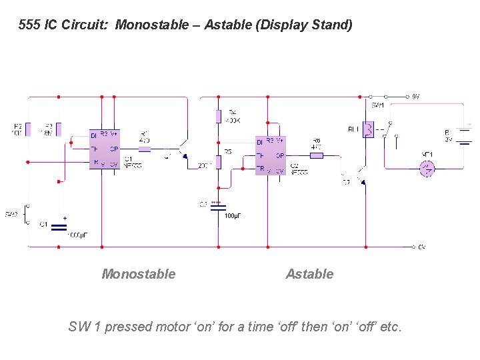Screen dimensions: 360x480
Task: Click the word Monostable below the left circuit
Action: click(x=138, y=274)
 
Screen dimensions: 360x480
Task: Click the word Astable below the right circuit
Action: click(x=309, y=274)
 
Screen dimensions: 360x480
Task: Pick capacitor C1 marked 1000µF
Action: click(x=59, y=228)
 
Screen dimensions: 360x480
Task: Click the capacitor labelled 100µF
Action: click(x=218, y=208)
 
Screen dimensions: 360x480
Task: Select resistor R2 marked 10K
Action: click(x=29, y=128)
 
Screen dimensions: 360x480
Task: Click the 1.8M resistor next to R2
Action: click(x=59, y=128)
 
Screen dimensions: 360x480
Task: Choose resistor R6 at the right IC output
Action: click(x=317, y=155)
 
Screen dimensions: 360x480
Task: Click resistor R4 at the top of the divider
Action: click(x=218, y=117)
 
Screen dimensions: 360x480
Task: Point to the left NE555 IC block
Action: click(x=105, y=149)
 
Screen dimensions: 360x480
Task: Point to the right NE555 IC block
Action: click(x=270, y=155)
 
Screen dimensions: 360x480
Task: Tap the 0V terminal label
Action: click(x=421, y=247)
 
